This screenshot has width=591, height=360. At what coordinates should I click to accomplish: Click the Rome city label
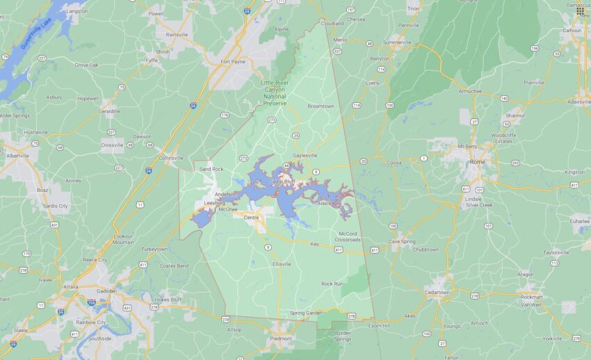pyautogui.click(x=478, y=161)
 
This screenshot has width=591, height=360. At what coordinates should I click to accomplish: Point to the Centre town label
pyautogui.click(x=251, y=217)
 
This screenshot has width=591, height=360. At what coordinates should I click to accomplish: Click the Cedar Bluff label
pyautogui.click(x=282, y=181)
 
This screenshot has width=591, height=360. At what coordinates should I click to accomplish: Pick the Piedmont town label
pyautogui.click(x=281, y=338)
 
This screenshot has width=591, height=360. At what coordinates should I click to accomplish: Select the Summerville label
pyautogui.click(x=397, y=42)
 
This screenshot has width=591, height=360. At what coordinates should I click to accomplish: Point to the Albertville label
pyautogui.click(x=18, y=156)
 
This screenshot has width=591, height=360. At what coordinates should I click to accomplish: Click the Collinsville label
pyautogui.click(x=171, y=158)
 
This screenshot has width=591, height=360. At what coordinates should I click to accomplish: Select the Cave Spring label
pyautogui.click(x=403, y=241)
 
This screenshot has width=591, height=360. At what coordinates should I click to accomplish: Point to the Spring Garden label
pyautogui.click(x=306, y=313)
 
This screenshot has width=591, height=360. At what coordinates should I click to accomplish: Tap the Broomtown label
pyautogui.click(x=321, y=106)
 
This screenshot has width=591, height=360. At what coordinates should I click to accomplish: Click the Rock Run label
pyautogui.click(x=332, y=284)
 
